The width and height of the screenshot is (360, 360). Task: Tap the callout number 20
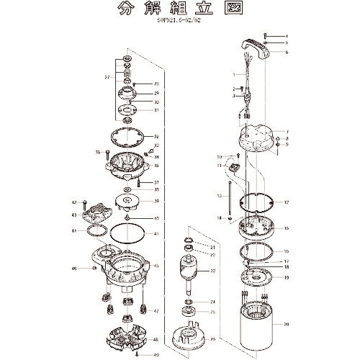286,323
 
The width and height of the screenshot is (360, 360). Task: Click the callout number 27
106,78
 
